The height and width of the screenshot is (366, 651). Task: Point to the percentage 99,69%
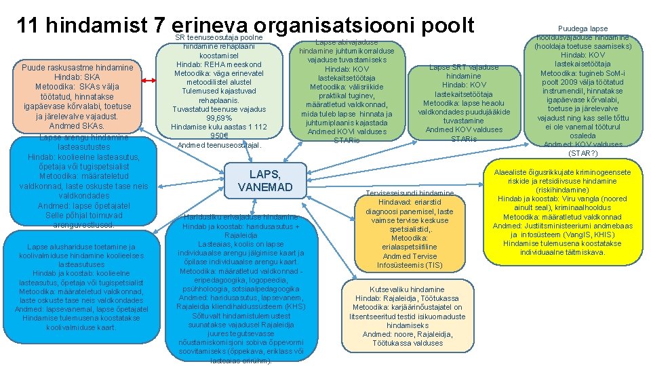click(x=218, y=118)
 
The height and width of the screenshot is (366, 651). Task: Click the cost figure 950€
click(x=218, y=136)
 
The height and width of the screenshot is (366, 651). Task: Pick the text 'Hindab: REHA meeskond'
click(x=218, y=65)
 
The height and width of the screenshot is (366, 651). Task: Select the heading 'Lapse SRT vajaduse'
click(x=464, y=67)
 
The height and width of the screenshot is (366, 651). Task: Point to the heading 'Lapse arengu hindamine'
click(x=83, y=138)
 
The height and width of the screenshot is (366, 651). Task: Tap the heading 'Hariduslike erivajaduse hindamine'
click(x=241, y=217)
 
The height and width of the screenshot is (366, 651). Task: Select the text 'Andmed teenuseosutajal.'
click(x=218, y=145)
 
